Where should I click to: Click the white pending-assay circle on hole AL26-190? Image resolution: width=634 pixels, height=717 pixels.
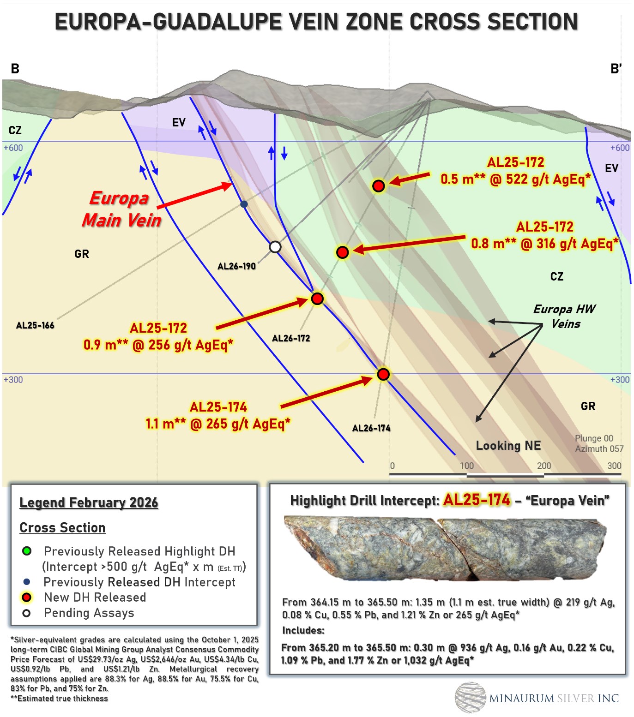tap(275, 247)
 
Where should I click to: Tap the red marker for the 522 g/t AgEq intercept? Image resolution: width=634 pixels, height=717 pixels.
tap(379, 186)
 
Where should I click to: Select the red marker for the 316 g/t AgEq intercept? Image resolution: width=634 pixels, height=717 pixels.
tap(342, 252)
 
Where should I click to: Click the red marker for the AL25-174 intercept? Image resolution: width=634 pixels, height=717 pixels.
tap(383, 374)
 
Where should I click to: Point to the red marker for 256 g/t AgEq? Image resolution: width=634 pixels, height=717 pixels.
tap(317, 299)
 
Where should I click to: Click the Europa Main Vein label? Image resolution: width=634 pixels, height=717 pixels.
tap(121, 209)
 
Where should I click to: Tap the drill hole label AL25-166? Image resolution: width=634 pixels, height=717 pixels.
tap(35, 325)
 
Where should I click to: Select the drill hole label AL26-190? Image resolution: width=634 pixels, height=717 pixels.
tap(236, 266)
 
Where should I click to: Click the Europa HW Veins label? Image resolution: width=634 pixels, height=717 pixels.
tap(565, 316)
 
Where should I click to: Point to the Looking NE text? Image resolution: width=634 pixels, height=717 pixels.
tap(508, 446)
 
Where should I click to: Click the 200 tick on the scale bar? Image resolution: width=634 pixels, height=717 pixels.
tap(544, 466)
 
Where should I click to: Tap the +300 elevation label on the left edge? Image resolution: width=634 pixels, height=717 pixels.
tap(13, 380)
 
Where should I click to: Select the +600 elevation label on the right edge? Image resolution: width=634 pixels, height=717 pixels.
tap(620, 148)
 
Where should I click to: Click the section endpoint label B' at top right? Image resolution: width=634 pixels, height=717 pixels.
tap(616, 69)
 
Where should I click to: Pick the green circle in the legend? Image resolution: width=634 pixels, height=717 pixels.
tap(27, 551)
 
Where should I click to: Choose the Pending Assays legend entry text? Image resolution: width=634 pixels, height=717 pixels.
tap(89, 613)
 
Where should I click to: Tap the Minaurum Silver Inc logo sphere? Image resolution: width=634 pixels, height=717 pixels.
tap(470, 697)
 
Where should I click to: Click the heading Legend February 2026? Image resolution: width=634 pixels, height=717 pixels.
tap(89, 502)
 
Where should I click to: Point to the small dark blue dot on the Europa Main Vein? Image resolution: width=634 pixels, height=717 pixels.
tap(244, 204)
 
